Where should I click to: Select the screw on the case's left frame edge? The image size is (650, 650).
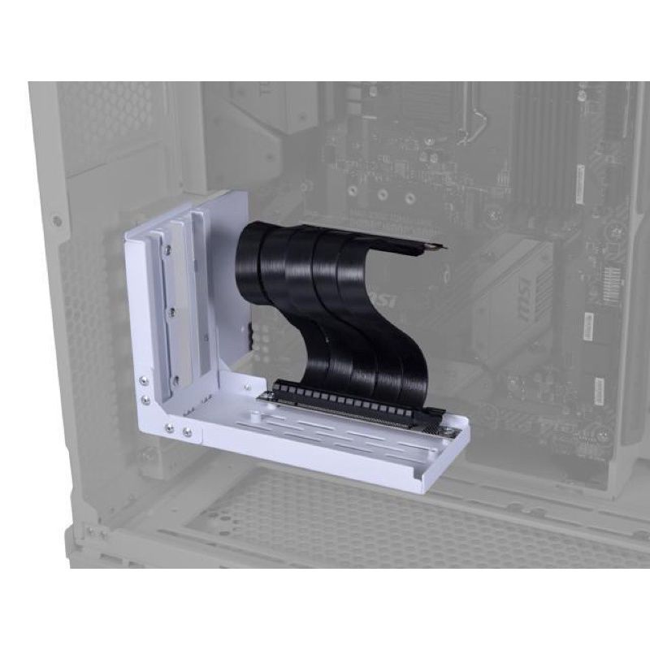56,220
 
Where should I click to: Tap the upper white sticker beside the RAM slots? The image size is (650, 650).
580,183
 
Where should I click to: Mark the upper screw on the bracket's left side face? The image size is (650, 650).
144,379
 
